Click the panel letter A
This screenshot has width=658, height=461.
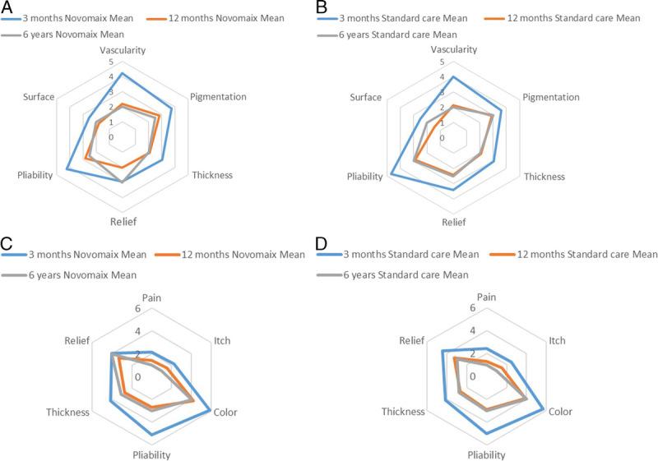click(7, 6)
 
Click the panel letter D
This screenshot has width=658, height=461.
click(322, 242)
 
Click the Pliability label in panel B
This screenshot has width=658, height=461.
click(365, 177)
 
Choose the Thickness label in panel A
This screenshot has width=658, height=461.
click(212, 175)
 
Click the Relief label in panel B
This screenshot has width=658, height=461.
click(453, 222)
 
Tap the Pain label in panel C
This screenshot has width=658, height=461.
click(151, 297)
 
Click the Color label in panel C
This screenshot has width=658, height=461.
click(225, 412)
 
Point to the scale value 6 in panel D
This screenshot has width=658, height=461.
click(472, 309)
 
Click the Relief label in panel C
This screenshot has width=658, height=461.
click(77, 339)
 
